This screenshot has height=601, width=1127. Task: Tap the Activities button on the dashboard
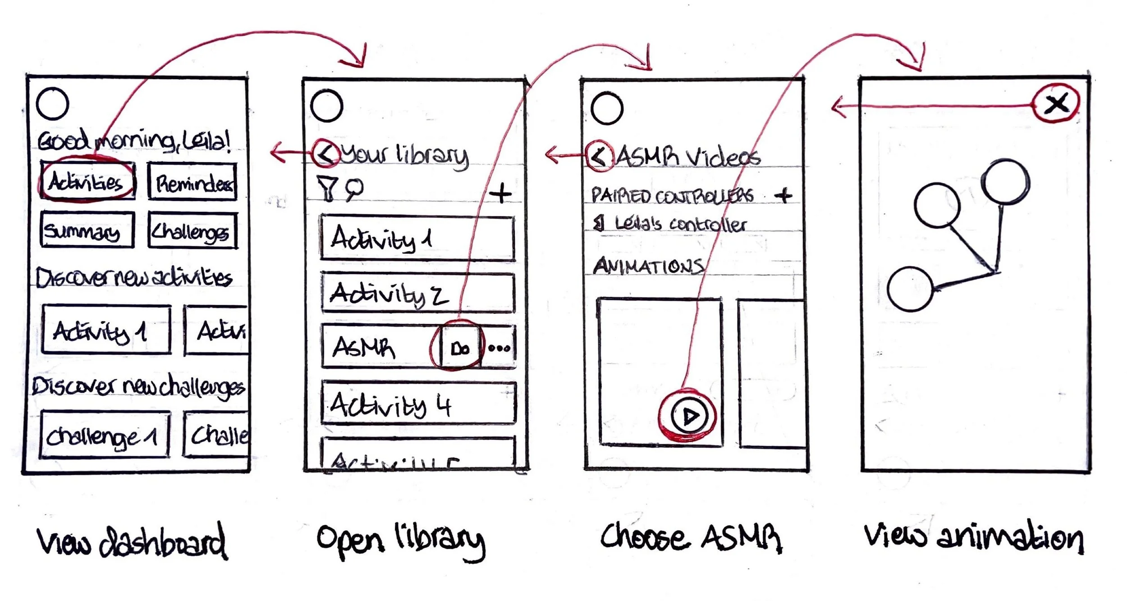tap(87, 181)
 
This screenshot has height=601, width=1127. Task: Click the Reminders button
tap(192, 182)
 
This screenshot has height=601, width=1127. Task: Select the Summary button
tap(87, 230)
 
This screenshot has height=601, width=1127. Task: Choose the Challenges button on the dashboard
tap(192, 231)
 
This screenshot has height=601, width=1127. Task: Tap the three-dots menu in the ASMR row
tap(499, 348)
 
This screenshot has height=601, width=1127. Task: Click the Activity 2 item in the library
tap(418, 293)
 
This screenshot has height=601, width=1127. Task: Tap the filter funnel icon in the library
tap(327, 188)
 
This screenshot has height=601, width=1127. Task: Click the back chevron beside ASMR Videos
tap(600, 156)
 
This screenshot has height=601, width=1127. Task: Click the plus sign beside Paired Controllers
tap(783, 195)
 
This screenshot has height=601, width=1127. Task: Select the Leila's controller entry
tap(672, 224)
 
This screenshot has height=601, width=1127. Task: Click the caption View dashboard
tap(132, 541)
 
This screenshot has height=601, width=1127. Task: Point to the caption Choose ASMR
tap(691, 538)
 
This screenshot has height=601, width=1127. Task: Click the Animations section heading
tap(648, 266)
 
